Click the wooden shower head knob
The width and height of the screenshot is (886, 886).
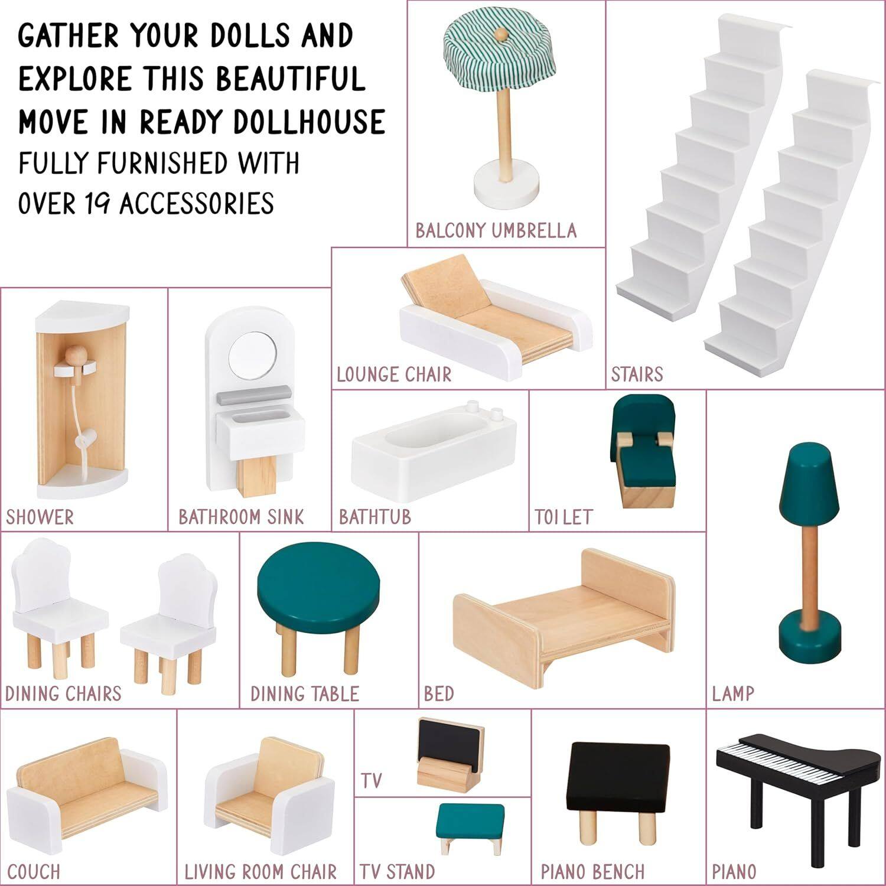76,356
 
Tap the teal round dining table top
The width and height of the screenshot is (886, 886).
318,588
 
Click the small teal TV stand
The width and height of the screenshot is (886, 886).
470,825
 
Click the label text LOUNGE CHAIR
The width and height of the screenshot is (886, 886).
394,374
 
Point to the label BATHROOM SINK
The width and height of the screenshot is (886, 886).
242,517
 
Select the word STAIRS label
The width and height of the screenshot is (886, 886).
637,374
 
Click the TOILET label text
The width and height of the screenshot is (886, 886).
563,517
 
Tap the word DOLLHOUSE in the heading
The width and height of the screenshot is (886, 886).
309,122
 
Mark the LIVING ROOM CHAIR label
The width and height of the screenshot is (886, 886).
260,872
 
